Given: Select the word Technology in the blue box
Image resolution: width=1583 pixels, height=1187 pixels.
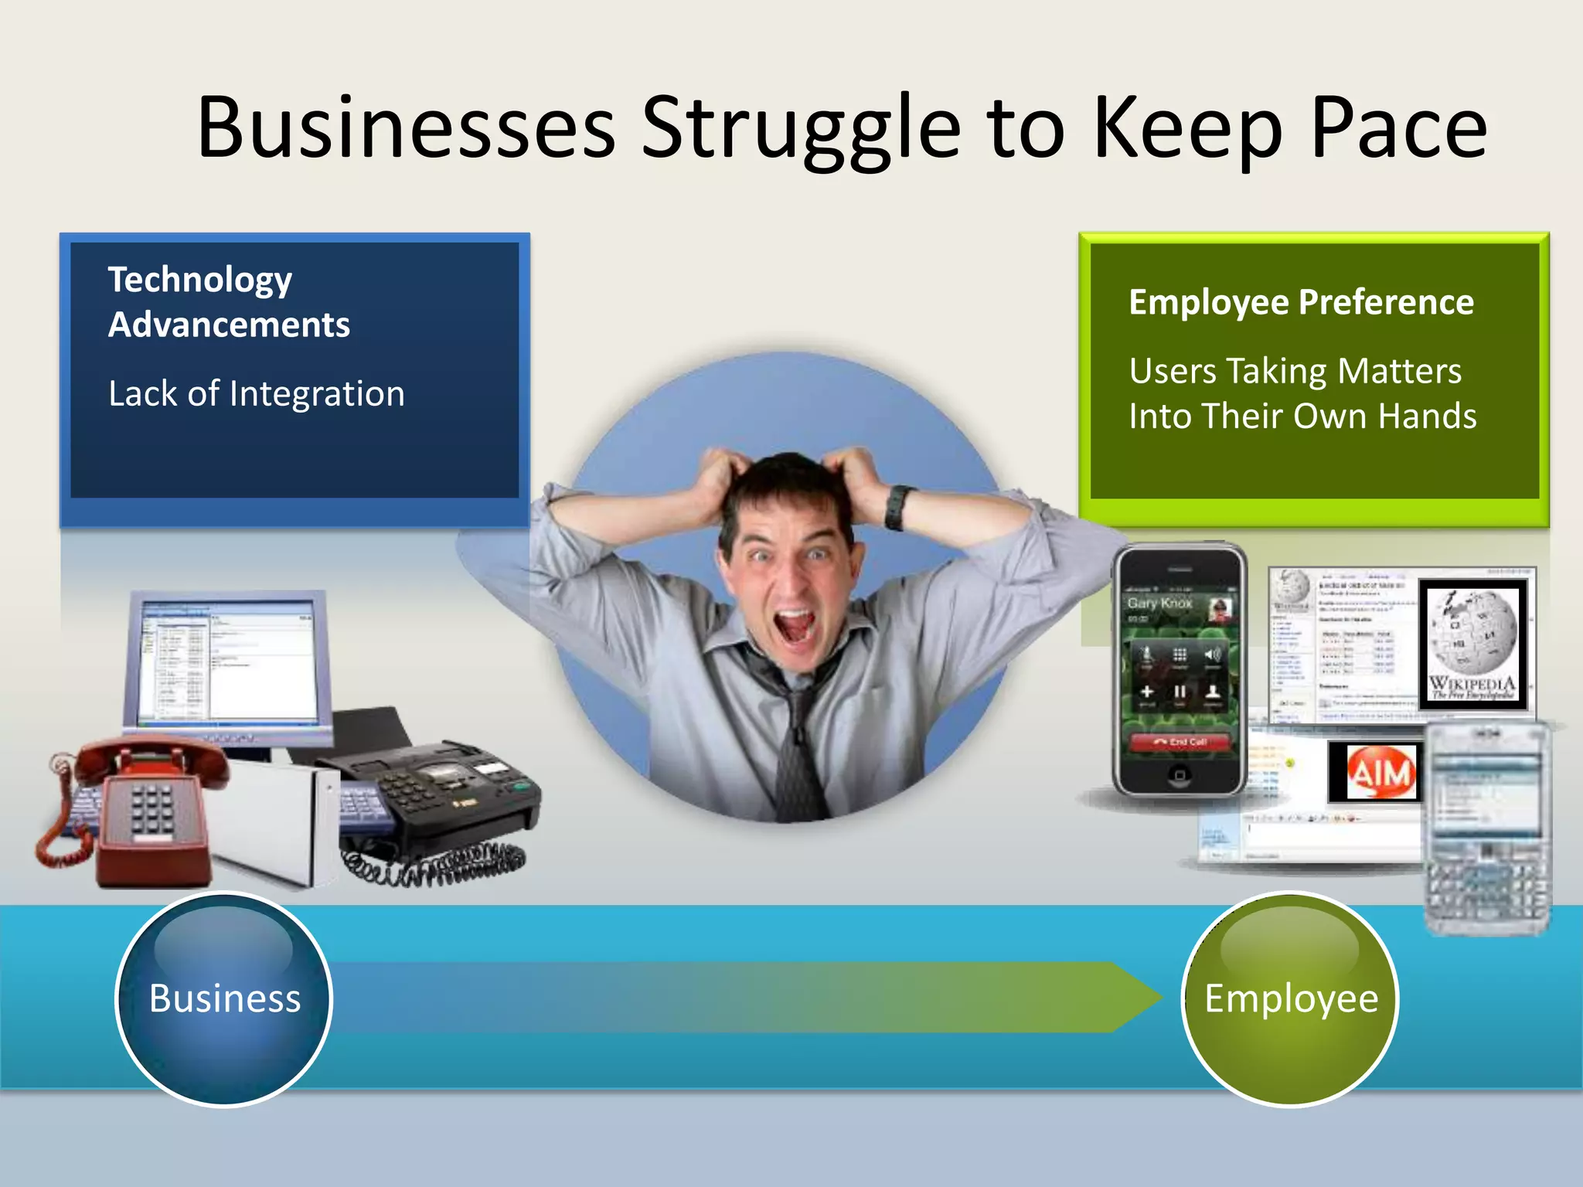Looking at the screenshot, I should (200, 280).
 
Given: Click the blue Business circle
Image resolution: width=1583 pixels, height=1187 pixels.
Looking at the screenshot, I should (224, 998).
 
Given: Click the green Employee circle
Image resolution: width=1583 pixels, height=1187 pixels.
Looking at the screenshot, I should (1291, 998).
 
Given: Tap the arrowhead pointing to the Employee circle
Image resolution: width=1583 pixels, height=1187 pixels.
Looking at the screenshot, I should (1136, 998).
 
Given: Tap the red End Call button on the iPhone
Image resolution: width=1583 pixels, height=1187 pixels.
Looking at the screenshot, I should (1180, 742).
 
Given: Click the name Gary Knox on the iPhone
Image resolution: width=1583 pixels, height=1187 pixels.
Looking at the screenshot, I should (1159, 603).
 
